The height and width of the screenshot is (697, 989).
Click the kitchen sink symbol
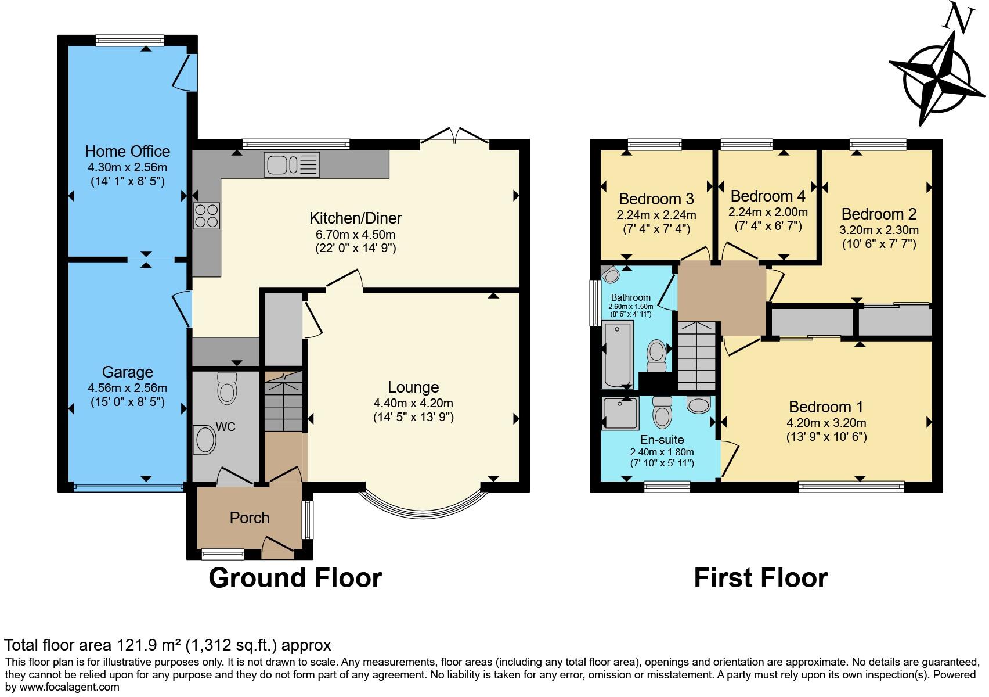(x=292, y=164)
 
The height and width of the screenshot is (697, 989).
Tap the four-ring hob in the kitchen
(x=206, y=216)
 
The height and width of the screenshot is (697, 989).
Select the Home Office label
(x=127, y=152)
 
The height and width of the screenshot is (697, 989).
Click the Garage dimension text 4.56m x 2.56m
(x=127, y=388)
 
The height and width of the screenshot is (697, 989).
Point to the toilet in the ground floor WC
(x=226, y=388)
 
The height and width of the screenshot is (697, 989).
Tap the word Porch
(x=250, y=518)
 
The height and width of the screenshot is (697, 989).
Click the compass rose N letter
(x=958, y=19)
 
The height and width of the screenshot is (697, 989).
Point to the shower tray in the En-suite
(x=620, y=413)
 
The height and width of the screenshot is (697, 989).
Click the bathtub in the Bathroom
(x=618, y=355)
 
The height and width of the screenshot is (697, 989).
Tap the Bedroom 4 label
(x=767, y=196)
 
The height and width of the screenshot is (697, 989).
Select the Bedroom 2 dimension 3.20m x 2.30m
(x=878, y=230)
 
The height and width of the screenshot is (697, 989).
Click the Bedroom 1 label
(x=825, y=407)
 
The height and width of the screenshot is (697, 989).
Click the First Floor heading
(x=760, y=578)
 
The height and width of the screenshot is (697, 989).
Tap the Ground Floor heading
(x=295, y=578)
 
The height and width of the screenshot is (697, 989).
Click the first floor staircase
(x=696, y=355)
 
